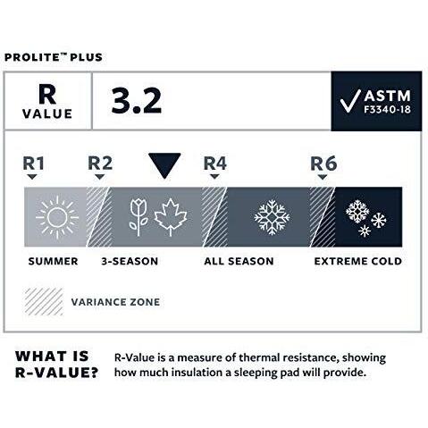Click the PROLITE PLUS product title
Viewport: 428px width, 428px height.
[54, 58]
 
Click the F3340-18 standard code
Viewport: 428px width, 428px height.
[375, 110]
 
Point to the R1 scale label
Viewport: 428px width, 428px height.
[34, 164]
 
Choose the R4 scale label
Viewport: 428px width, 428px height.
[215, 164]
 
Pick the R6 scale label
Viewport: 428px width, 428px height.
[323, 164]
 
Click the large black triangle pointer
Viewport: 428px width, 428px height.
[164, 165]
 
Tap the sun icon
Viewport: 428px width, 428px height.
[57, 215]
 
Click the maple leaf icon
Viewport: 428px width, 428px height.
[170, 215]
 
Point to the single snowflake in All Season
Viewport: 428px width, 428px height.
[272, 215]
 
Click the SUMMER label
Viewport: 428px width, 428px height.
[52, 261]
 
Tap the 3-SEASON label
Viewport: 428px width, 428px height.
[130, 261]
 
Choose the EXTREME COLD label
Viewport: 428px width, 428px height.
[357, 261]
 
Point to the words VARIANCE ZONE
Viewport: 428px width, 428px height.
[115, 302]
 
